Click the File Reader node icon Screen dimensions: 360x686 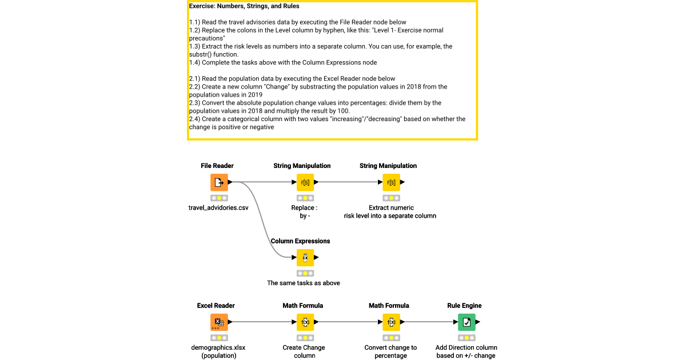coord(219,182)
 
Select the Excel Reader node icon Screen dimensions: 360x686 coord(219,322)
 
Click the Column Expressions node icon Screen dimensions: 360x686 coord(305,258)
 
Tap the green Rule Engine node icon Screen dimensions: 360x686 coord(466,322)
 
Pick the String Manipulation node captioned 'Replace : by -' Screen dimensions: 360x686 coord(305,182)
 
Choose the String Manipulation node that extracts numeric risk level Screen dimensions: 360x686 coord(391,182)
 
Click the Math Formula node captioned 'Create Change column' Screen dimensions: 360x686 coord(305,322)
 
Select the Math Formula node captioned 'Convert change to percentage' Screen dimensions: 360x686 coord(391,322)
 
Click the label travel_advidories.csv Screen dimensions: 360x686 coord(218,208)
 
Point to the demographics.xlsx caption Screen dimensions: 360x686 coord(218,347)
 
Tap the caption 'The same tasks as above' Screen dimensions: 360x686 coord(304,283)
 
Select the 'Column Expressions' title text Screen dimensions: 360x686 coord(300,241)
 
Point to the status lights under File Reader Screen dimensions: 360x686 coord(219,198)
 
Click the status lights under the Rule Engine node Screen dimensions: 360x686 coord(466,338)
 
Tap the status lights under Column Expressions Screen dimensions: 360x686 coord(305,273)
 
